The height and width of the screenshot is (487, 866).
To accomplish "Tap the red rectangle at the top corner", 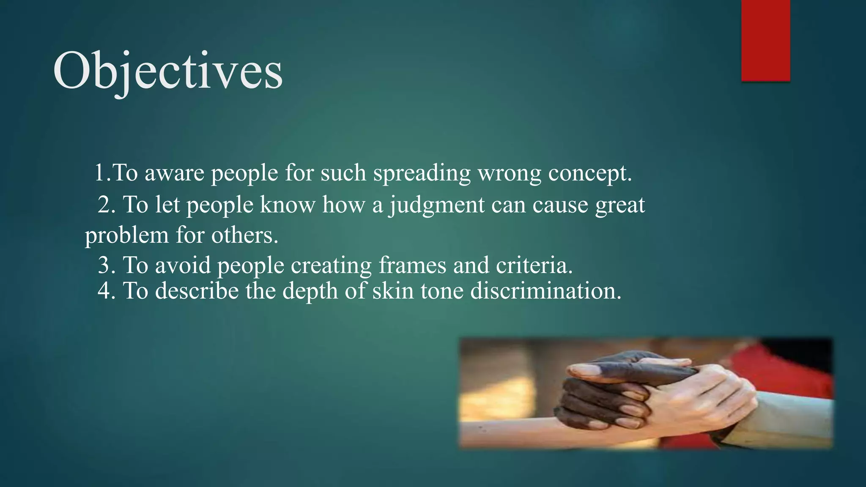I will (765, 40).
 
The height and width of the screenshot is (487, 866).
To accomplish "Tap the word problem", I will (126, 235).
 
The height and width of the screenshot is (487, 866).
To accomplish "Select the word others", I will (245, 235).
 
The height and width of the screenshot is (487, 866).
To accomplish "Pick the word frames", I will (412, 265).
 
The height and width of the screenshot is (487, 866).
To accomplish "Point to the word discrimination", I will (545, 291).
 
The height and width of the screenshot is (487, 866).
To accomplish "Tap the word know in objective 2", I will (288, 205).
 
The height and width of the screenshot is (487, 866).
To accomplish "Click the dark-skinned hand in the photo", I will (600, 393).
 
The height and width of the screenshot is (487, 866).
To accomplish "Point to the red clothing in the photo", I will (795, 372).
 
